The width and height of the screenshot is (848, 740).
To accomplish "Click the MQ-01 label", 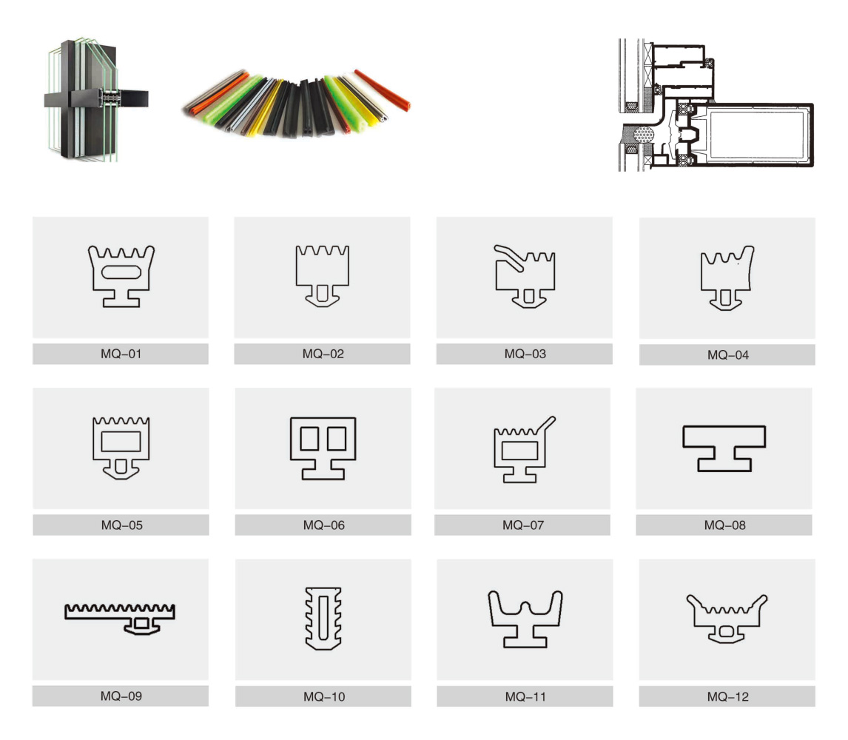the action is tap(121, 354).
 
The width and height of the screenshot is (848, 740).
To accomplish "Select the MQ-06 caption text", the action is tap(323, 525).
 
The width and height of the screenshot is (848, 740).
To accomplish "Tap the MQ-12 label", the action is tap(727, 697).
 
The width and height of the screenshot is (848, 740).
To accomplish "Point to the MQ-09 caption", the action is tap(121, 696).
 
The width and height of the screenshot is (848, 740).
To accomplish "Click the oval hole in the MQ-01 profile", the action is tap(121, 272).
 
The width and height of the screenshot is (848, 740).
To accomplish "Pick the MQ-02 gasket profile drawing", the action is tap(323, 276).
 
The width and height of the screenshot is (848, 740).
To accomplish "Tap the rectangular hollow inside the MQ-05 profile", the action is tap(121, 441).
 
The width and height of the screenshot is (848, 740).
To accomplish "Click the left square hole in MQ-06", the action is tap(309, 439).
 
